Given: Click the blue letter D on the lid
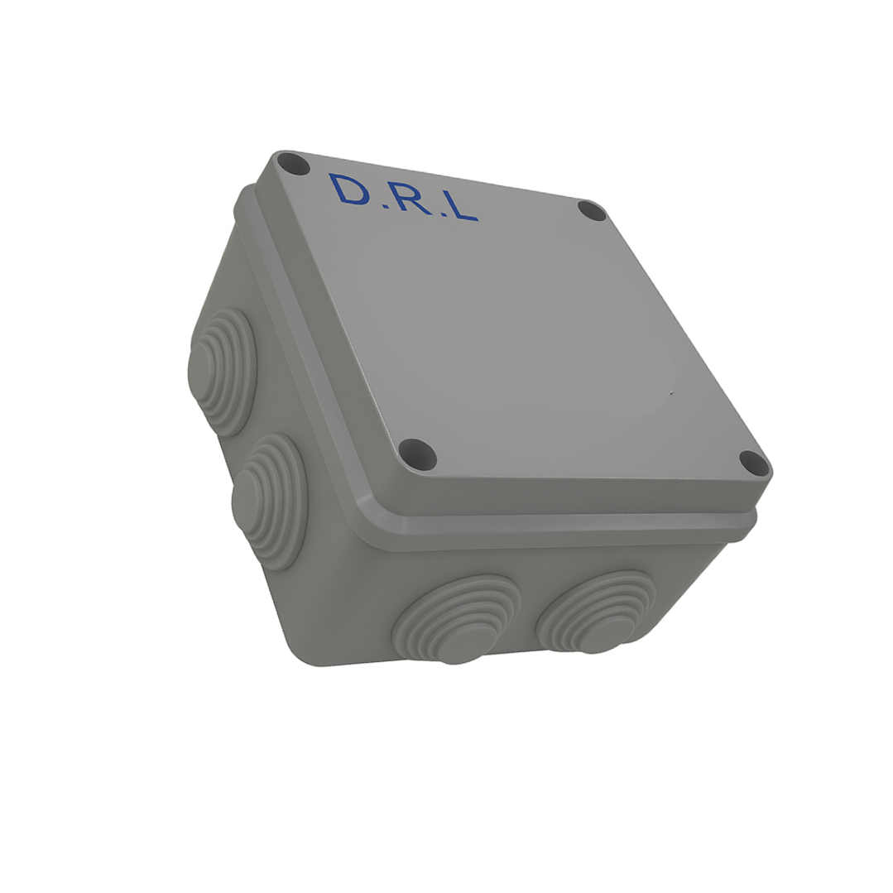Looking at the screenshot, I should tap(349, 190).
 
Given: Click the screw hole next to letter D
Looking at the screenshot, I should tap(293, 164).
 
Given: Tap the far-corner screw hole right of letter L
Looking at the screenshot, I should tap(592, 210).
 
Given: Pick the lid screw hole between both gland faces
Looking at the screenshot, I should tap(417, 454).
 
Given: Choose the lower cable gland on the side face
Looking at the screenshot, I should tap(270, 500).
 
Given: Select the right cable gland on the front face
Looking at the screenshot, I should tap(596, 612).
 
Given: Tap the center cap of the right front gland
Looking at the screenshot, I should tap(593, 642).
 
